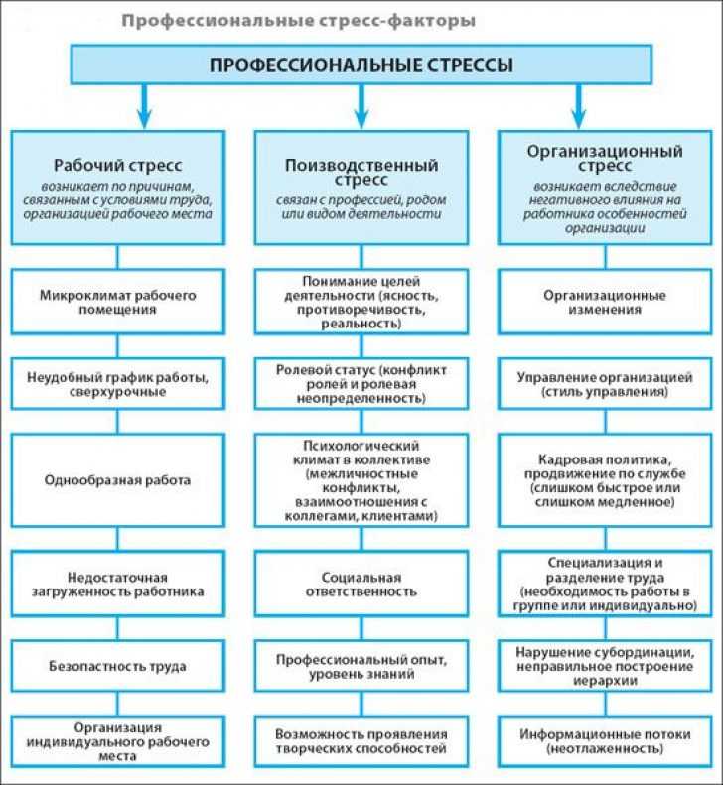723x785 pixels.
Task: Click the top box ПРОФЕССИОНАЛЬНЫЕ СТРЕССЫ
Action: (x=361, y=65)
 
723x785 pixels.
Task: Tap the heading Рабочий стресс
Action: (x=118, y=165)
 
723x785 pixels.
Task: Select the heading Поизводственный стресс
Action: (x=361, y=172)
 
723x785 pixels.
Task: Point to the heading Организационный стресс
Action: (x=605, y=158)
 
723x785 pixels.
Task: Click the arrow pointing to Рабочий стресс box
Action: (x=144, y=106)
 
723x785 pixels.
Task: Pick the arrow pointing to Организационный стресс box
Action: (x=579, y=106)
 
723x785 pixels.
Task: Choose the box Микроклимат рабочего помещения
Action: (x=118, y=302)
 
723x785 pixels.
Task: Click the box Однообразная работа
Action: (x=118, y=480)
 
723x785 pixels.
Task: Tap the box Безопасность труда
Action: (x=118, y=666)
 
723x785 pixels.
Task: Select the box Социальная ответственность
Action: (x=361, y=584)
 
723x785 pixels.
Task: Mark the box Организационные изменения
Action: (x=605, y=302)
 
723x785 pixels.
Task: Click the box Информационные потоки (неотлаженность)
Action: (x=605, y=741)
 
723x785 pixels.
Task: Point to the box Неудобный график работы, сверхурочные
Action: (x=118, y=384)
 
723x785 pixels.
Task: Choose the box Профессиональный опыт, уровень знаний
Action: (x=361, y=666)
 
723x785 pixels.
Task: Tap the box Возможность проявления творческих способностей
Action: (x=361, y=741)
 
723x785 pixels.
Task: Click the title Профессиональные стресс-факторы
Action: (x=299, y=21)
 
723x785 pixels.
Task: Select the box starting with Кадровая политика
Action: (x=605, y=480)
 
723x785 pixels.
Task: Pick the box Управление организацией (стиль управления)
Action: (x=605, y=384)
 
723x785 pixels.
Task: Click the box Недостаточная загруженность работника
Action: (x=118, y=584)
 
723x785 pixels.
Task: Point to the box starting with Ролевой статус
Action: (x=361, y=384)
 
